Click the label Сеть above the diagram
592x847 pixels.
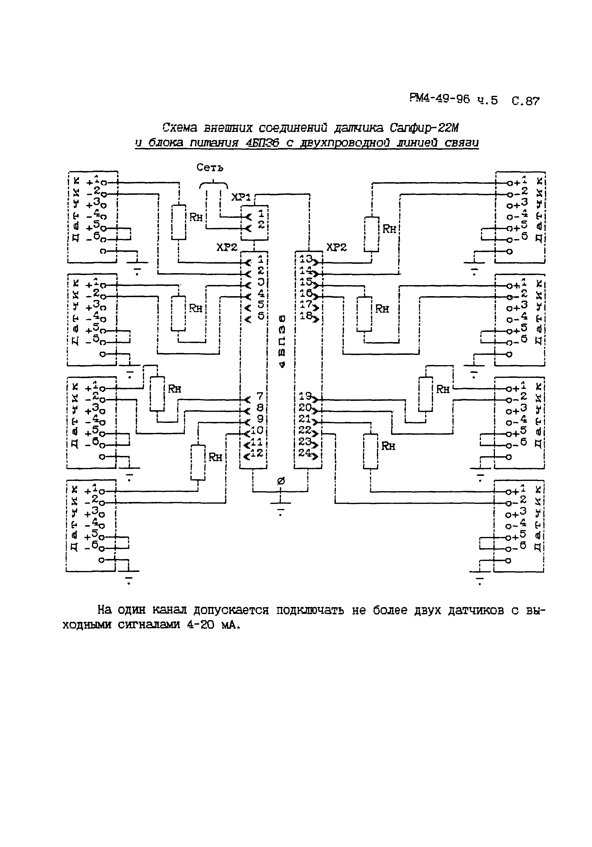click(x=210, y=168)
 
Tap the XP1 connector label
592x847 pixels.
click(x=241, y=197)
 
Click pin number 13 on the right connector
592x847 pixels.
click(x=306, y=259)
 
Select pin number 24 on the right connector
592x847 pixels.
click(x=305, y=453)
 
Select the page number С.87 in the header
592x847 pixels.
click(x=526, y=101)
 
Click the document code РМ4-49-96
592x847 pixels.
click(x=439, y=99)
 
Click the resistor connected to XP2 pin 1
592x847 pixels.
click(x=179, y=222)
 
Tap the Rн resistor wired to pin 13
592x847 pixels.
click(x=372, y=234)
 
